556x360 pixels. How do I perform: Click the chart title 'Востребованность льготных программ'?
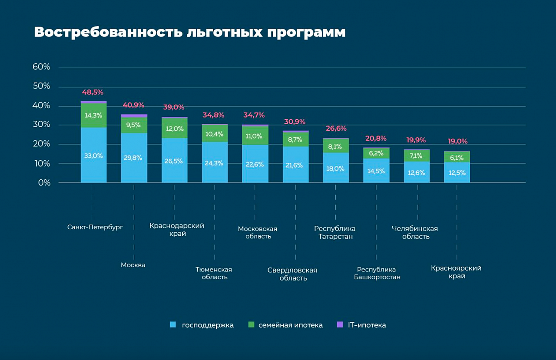pyautogui.click(x=189, y=33)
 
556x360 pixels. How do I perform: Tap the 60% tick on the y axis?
pyautogui.click(x=41, y=67)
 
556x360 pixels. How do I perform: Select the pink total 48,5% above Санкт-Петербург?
pyautogui.click(x=93, y=92)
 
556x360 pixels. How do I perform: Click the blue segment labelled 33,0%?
pyautogui.click(x=93, y=155)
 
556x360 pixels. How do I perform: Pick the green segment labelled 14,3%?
pyautogui.click(x=93, y=116)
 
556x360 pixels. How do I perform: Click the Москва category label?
pyautogui.click(x=133, y=265)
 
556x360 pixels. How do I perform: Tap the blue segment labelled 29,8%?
pyautogui.click(x=134, y=158)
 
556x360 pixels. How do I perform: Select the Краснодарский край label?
pyautogui.click(x=177, y=230)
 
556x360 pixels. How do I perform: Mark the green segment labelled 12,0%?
pyautogui.click(x=175, y=129)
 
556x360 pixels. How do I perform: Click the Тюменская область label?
pyautogui.click(x=214, y=273)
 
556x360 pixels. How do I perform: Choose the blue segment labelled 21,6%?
pyautogui.click(x=295, y=165)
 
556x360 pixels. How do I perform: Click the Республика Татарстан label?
pyautogui.click(x=335, y=232)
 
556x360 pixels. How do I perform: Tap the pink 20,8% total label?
pyautogui.click(x=376, y=139)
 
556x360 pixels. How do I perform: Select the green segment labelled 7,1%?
pyautogui.click(x=417, y=155)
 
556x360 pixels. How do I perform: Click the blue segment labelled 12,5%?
pyautogui.click(x=457, y=172)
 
